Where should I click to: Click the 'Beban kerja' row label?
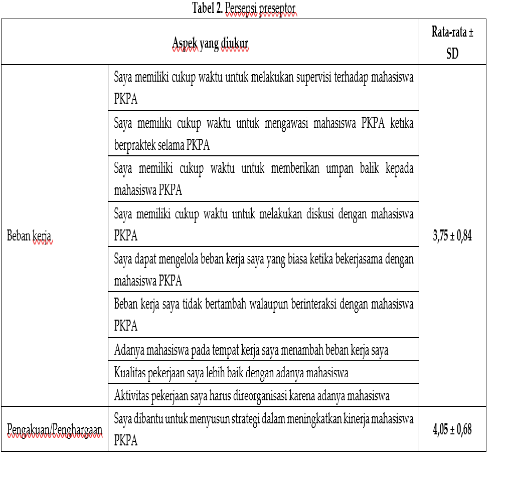pos(29,236)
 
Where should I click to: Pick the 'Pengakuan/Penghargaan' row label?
pos(54,429)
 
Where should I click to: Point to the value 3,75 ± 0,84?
pos(452,236)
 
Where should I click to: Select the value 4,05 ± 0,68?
pos(452,429)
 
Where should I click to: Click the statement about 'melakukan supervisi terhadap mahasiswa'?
pos(263,88)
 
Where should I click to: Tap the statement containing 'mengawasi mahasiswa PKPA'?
pos(263,133)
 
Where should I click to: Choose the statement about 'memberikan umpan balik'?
pos(263,179)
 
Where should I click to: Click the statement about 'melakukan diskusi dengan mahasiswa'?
pos(263,224)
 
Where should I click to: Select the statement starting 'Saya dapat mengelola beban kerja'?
pos(263,270)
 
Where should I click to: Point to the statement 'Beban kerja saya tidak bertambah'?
pos(263,315)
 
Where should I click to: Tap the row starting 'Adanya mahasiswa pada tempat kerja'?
pos(251,350)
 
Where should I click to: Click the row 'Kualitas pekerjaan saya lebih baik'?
pos(231,373)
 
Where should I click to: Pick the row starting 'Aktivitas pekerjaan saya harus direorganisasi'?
pos(252,396)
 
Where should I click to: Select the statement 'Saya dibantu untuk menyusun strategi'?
pos(263,429)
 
